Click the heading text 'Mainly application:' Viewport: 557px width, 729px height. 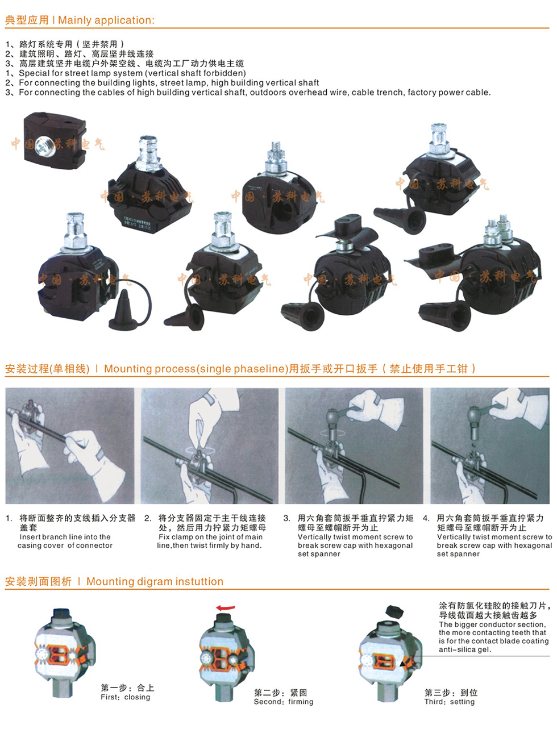pos(106,20)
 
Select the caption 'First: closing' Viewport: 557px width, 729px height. pos(125,697)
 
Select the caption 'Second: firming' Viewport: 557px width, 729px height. pos(283,701)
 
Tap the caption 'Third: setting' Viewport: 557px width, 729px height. pos(450,701)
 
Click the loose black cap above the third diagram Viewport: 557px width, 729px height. pos(394,610)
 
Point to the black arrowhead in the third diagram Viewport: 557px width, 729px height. pos(402,664)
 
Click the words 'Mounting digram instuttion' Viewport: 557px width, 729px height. pos(155,581)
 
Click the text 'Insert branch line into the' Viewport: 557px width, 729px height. pos(65,537)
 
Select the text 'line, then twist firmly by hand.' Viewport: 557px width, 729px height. pos(209,545)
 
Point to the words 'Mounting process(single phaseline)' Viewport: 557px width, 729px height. pos(196,369)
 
